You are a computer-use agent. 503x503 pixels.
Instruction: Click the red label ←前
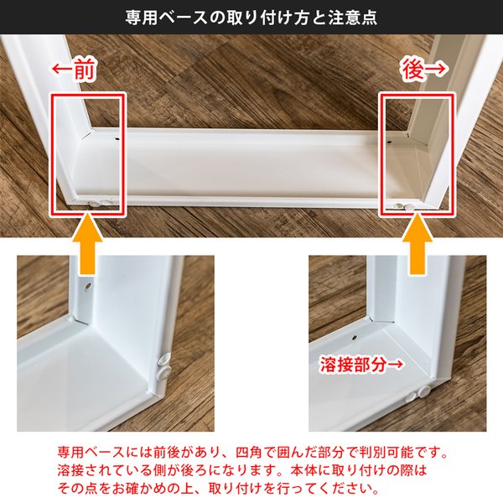(x=74, y=70)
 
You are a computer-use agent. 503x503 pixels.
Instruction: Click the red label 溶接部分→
(x=361, y=365)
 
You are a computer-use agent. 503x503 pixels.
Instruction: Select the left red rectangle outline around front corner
(x=50, y=154)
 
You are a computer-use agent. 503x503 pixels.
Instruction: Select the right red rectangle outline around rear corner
(x=381, y=154)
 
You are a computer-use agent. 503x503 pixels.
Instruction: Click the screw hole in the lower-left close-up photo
(x=87, y=285)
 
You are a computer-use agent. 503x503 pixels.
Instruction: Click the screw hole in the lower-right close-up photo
(x=354, y=338)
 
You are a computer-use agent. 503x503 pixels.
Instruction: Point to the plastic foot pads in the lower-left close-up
(x=164, y=366)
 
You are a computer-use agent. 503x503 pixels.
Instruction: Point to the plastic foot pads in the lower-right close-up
(x=417, y=394)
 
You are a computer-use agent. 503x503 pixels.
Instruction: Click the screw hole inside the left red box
(x=117, y=139)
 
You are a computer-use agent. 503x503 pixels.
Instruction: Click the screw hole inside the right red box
(x=389, y=142)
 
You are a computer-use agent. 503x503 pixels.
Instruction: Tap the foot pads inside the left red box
(x=100, y=202)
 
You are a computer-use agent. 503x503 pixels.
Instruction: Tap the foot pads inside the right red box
(x=406, y=205)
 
